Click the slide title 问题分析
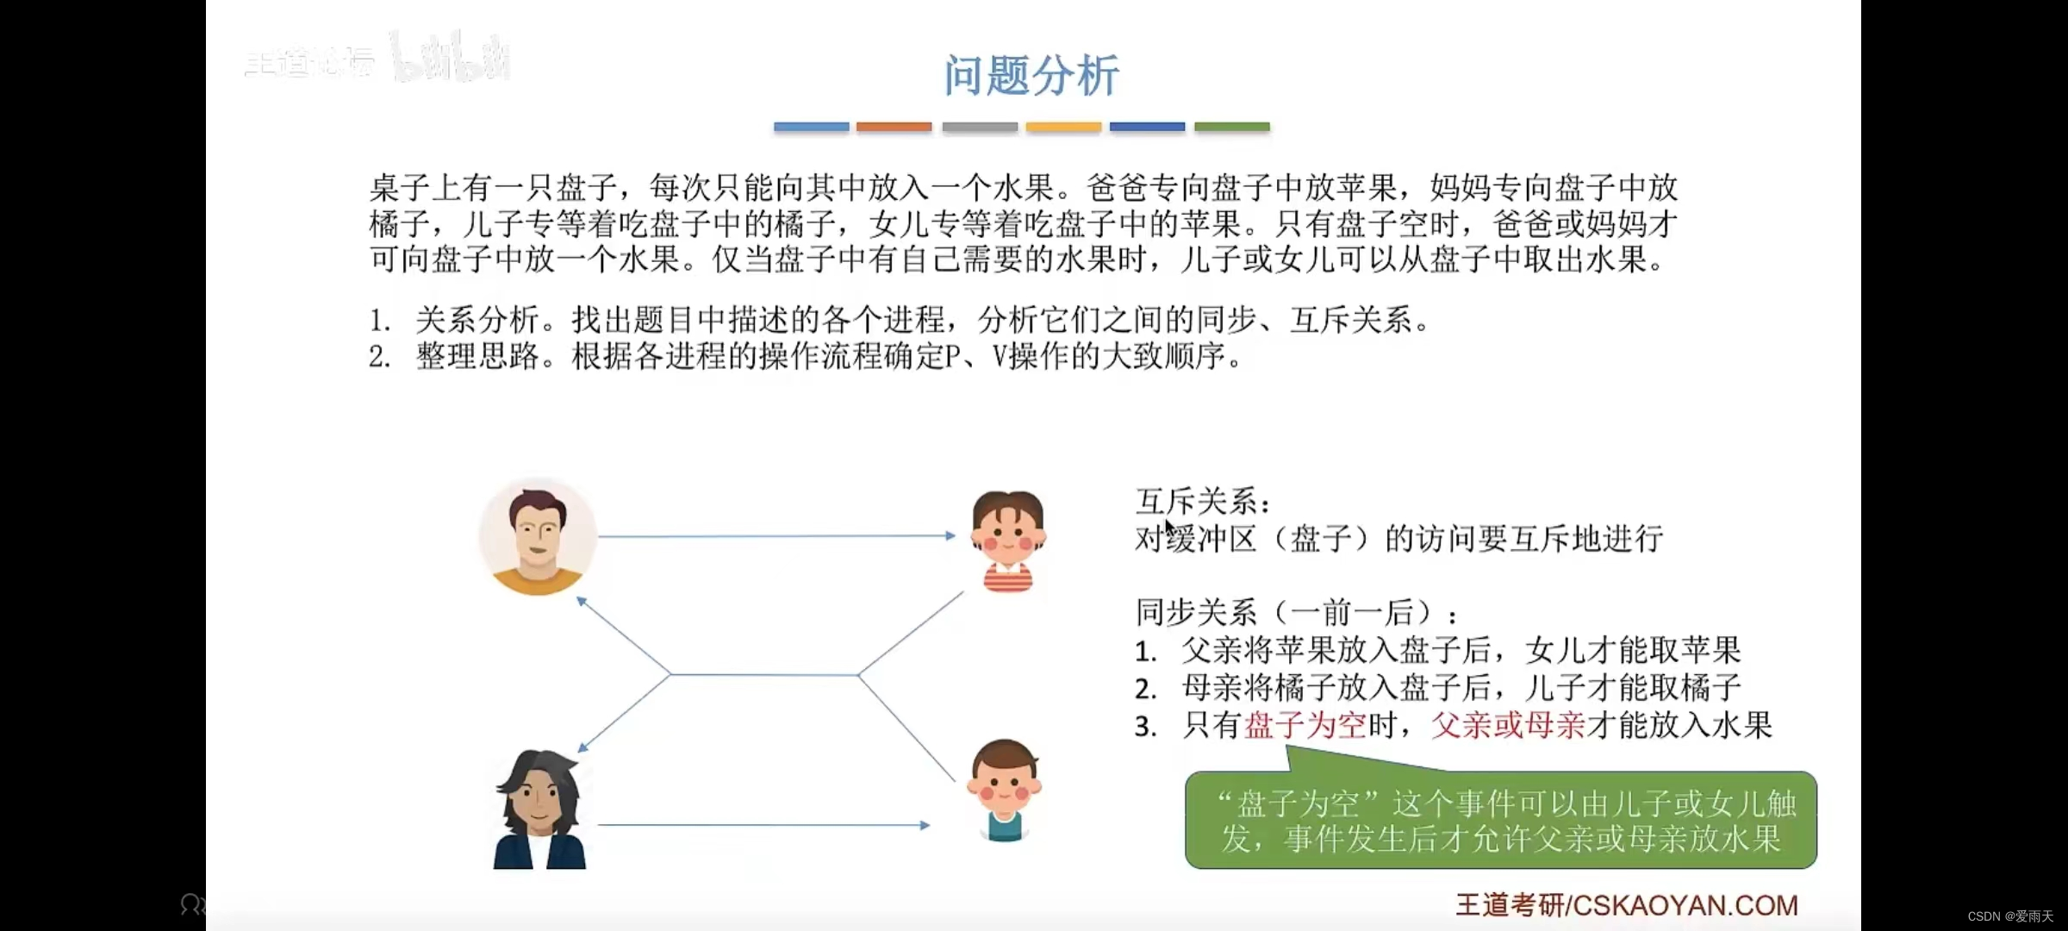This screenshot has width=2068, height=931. (x=1031, y=75)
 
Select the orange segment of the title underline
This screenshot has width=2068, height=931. (x=894, y=127)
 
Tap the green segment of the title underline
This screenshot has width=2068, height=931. (x=1231, y=127)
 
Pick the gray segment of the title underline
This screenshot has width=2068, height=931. (x=980, y=127)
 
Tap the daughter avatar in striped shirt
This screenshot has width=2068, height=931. (x=1007, y=541)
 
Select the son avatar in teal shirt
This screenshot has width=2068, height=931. (x=1004, y=790)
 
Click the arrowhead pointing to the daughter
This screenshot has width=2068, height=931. (x=950, y=535)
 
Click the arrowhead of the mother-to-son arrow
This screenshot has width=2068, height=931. (x=925, y=825)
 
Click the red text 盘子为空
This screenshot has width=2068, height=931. (x=1305, y=725)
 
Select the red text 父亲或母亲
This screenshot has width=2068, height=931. (x=1508, y=725)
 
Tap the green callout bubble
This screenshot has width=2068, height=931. (x=1500, y=821)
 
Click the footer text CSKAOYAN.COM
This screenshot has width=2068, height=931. (x=1685, y=904)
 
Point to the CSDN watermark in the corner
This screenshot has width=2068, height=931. (x=2009, y=916)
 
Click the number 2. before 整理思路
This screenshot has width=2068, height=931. (x=380, y=357)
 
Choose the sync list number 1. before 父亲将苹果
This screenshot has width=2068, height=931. (x=1145, y=651)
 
